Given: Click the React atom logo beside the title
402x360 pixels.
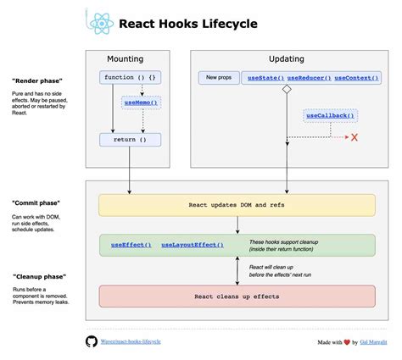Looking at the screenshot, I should click(99, 23).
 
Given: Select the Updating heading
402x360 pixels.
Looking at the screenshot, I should click(286, 58).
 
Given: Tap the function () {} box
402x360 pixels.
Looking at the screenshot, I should click(130, 78).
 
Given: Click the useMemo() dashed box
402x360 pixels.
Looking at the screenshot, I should click(140, 102).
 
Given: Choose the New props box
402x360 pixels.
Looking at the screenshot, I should click(218, 78).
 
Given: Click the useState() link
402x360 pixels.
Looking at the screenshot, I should click(264, 78).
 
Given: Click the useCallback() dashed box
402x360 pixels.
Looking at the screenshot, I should click(329, 116).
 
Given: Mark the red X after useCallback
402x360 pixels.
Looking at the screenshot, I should click(355, 137).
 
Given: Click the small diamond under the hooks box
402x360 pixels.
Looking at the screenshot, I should click(287, 89).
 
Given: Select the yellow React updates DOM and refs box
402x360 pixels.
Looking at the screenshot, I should click(237, 205).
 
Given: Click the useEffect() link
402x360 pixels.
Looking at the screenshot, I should click(131, 245).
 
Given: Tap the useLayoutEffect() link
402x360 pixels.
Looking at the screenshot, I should click(193, 245).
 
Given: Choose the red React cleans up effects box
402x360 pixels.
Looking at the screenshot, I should click(237, 296).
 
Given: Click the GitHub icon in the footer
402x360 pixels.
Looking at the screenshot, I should click(92, 341).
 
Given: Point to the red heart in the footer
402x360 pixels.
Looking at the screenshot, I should click(346, 341).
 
